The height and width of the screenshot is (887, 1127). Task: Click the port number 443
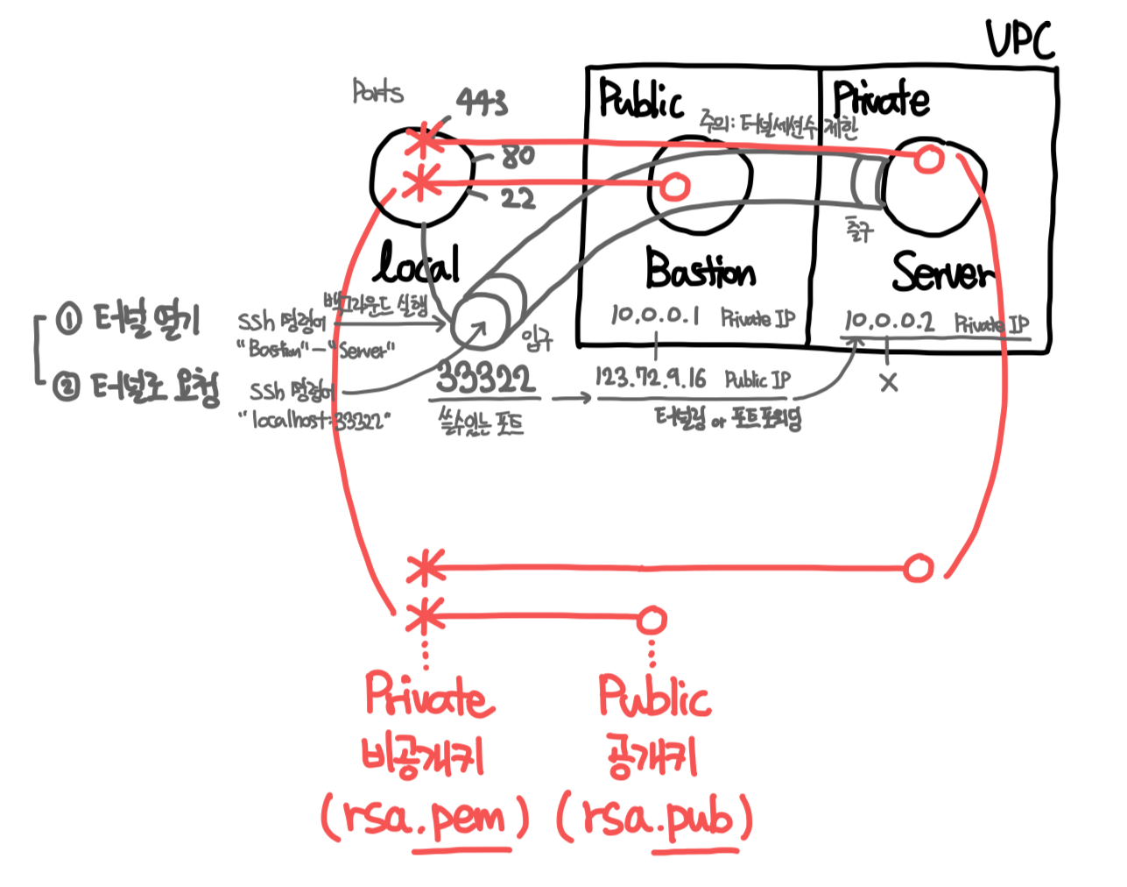pyautogui.click(x=482, y=103)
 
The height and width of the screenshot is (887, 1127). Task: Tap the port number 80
pyautogui.click(x=518, y=156)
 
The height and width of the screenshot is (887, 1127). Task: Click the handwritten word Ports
pyautogui.click(x=377, y=91)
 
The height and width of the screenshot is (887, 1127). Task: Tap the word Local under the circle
pyautogui.click(x=419, y=263)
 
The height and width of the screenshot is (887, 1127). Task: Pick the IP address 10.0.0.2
pyautogui.click(x=889, y=321)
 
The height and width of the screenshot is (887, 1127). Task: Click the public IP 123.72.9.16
pyautogui.click(x=651, y=379)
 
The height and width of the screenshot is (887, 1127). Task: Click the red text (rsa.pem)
pyautogui.click(x=426, y=819)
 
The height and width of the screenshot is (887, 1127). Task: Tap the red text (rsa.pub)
pyautogui.click(x=656, y=819)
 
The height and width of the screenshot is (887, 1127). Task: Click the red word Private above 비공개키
pyautogui.click(x=429, y=696)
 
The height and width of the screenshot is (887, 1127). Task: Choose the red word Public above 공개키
pyautogui.click(x=654, y=698)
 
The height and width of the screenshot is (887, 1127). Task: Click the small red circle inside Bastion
pyautogui.click(x=674, y=186)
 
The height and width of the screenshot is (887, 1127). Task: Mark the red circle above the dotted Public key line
pyautogui.click(x=651, y=620)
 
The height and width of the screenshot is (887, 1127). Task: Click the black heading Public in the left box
pyautogui.click(x=640, y=99)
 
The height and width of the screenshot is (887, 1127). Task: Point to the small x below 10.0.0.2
pyautogui.click(x=889, y=382)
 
